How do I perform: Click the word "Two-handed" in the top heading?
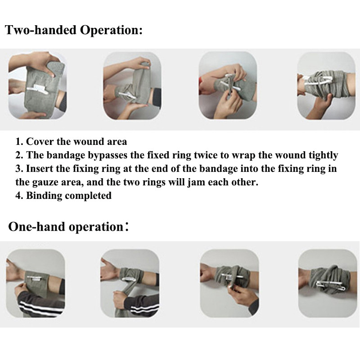coord(40,30)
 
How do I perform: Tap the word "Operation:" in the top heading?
coord(111,31)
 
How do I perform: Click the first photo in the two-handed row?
coord(37,85)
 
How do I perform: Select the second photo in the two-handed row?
coord(132,85)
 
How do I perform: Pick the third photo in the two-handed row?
coord(228,85)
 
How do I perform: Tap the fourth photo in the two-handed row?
coord(326,85)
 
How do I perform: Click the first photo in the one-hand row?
coord(36,283)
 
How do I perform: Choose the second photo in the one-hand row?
coord(130,283)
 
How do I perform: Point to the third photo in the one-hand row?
coord(229,283)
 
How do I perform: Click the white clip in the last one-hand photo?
coord(328,284)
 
